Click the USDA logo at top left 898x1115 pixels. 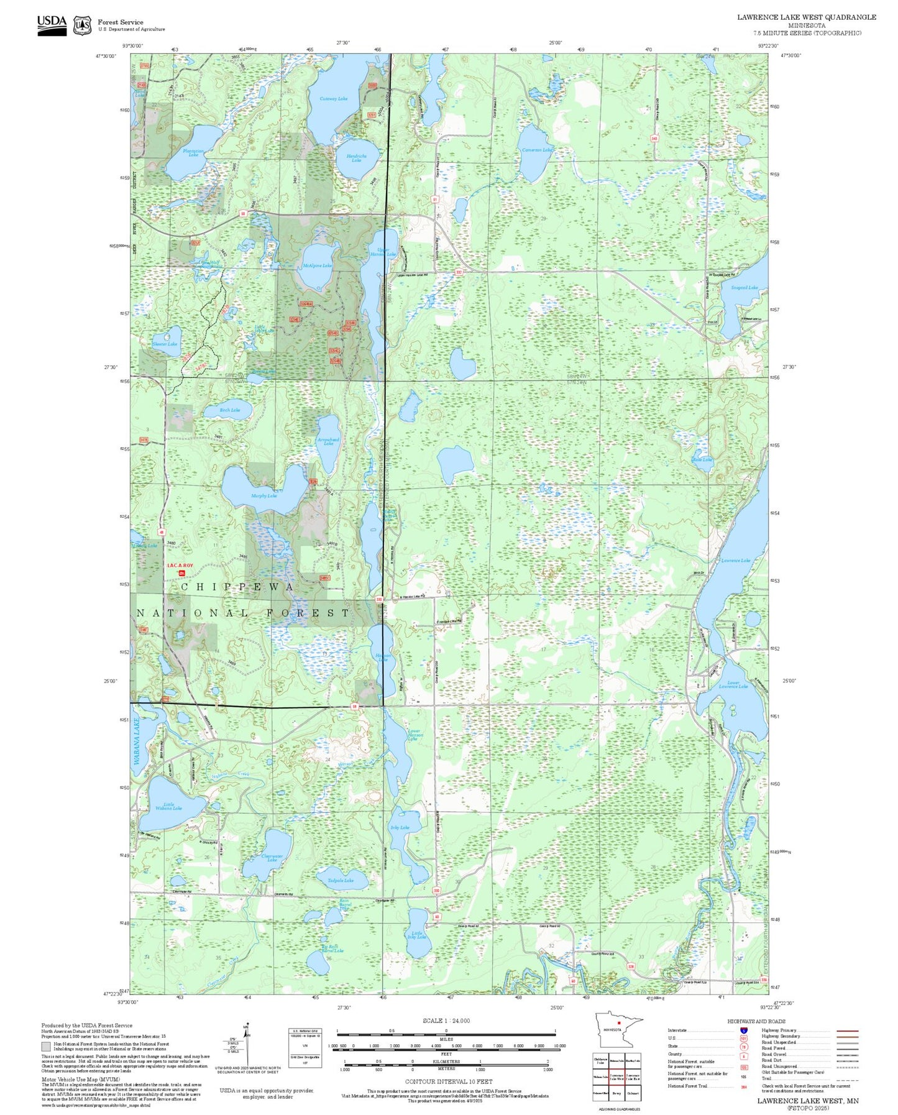coord(51,24)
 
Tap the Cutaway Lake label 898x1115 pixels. coord(333,98)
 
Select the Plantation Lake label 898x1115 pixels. coord(193,152)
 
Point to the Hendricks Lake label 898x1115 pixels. coord(356,158)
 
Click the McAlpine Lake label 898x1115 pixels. coord(317,265)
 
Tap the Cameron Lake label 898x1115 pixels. coord(537,150)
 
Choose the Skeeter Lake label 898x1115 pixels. coord(165,344)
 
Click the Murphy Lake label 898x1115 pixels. coord(263,495)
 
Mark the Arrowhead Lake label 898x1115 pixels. coord(328,441)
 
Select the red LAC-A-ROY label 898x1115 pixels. coord(180,566)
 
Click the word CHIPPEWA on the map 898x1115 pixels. coord(237,587)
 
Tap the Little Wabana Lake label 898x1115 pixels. coord(168,806)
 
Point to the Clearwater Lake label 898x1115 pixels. coord(272,858)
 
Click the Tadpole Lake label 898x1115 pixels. coord(340,880)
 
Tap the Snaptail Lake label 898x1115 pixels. coord(744,288)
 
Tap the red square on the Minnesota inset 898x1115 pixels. coord(619,1021)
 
